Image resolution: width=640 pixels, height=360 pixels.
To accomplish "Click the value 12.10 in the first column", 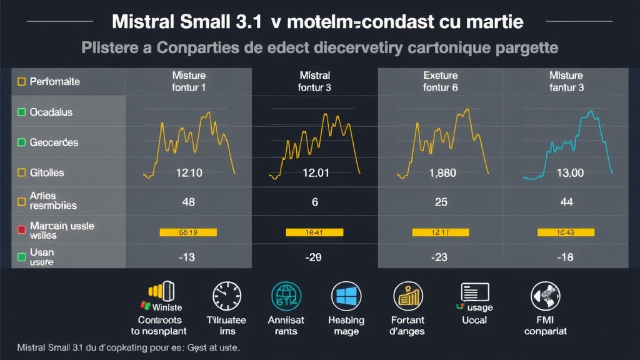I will pyautogui.click(x=188, y=173).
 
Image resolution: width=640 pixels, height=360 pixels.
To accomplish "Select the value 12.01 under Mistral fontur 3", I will pyautogui.click(x=315, y=173).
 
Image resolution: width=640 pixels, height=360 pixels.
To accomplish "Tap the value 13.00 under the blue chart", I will pyautogui.click(x=569, y=173).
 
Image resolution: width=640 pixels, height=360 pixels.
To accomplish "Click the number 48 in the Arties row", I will pyautogui.click(x=188, y=202).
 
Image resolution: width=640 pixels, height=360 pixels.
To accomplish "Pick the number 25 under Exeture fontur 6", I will pyautogui.click(x=441, y=202).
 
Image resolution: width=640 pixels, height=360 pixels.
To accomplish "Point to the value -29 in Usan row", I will pyautogui.click(x=314, y=257).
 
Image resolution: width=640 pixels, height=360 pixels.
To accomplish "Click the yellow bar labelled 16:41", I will pyautogui.click(x=314, y=232).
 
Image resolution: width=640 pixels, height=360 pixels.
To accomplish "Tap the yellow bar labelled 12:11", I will pyautogui.click(x=441, y=232).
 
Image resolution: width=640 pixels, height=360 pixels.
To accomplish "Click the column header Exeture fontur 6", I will pyautogui.click(x=441, y=81).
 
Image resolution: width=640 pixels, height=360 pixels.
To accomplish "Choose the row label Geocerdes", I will pyautogui.click(x=54, y=142).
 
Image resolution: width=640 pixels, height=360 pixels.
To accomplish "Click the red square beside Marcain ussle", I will pyautogui.click(x=21, y=229).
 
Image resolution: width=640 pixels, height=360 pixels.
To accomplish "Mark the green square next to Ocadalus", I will pyautogui.click(x=21, y=112).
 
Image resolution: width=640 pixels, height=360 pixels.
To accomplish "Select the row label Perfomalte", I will pyautogui.click(x=54, y=81).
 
